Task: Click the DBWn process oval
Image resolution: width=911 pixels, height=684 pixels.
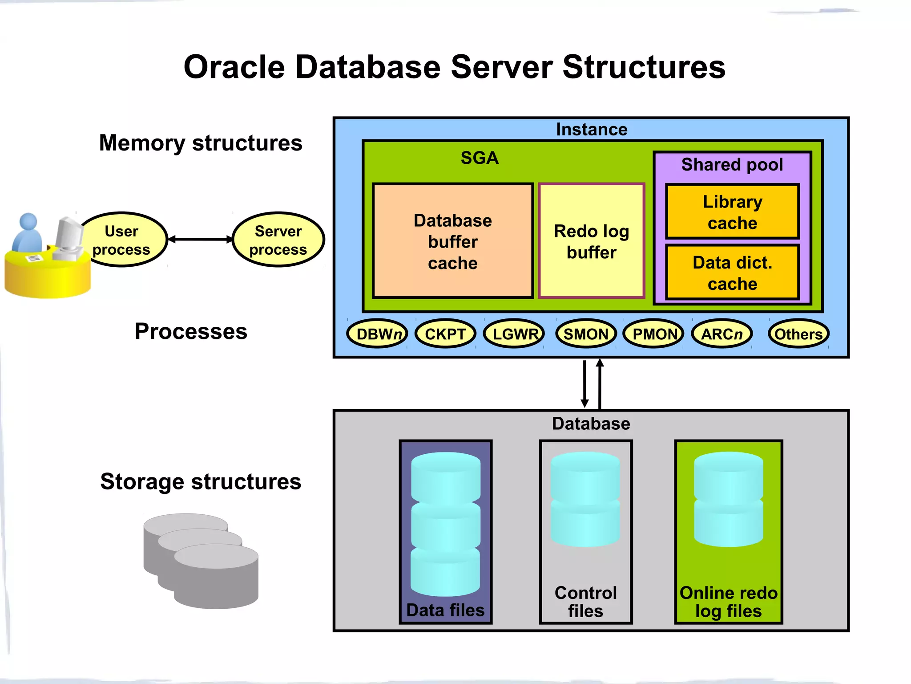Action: pos(377,334)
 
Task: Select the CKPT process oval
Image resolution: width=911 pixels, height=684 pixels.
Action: pos(445,334)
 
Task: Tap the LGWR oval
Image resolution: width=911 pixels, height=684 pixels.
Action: pos(514,334)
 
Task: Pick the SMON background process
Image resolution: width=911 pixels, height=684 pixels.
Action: pos(586,334)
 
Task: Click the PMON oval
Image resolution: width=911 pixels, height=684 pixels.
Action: pos(653,334)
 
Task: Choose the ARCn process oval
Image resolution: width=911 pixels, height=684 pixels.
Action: pos(722,334)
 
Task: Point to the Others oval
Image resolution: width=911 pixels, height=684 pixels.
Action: pos(798,334)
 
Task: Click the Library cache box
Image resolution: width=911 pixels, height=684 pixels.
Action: pos(732,212)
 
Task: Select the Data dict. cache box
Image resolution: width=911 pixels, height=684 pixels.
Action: pos(732,273)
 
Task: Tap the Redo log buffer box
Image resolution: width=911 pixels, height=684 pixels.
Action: pos(591,241)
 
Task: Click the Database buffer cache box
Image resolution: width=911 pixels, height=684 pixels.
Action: pos(453,241)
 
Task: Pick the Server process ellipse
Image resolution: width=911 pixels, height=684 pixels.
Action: pos(278,240)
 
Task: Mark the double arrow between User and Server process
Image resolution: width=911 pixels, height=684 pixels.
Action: pos(200,240)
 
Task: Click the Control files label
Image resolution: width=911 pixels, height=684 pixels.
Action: pos(585,602)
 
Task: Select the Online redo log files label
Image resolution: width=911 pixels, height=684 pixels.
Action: pos(728,602)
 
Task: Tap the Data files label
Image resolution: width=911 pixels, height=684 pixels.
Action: pos(445,610)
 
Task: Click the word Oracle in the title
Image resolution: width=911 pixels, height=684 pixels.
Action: pos(234,67)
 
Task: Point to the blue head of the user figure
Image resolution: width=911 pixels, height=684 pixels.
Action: pos(29,221)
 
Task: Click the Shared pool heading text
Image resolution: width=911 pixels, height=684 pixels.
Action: pos(732,165)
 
